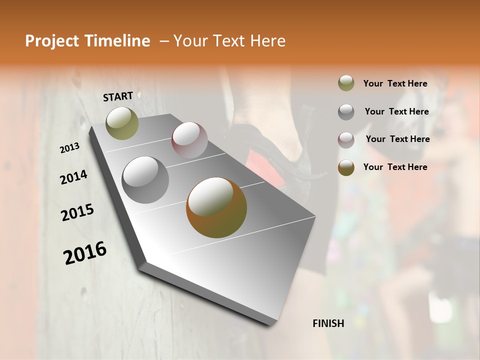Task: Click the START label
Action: click(x=118, y=96)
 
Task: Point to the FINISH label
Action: click(x=328, y=323)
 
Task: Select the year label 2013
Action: click(x=70, y=148)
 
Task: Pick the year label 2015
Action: click(x=77, y=212)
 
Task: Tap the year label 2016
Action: click(x=85, y=253)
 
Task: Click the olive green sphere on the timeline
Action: click(x=122, y=123)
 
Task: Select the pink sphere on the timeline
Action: click(x=189, y=140)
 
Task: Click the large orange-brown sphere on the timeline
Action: click(x=216, y=207)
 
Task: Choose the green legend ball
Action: click(x=346, y=83)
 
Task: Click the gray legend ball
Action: click(x=346, y=111)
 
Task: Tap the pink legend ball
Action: click(x=346, y=139)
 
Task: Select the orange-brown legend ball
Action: click(x=346, y=167)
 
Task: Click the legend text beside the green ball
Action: click(x=395, y=84)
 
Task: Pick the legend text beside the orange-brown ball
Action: click(x=395, y=167)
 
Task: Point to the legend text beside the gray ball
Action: click(x=397, y=111)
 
